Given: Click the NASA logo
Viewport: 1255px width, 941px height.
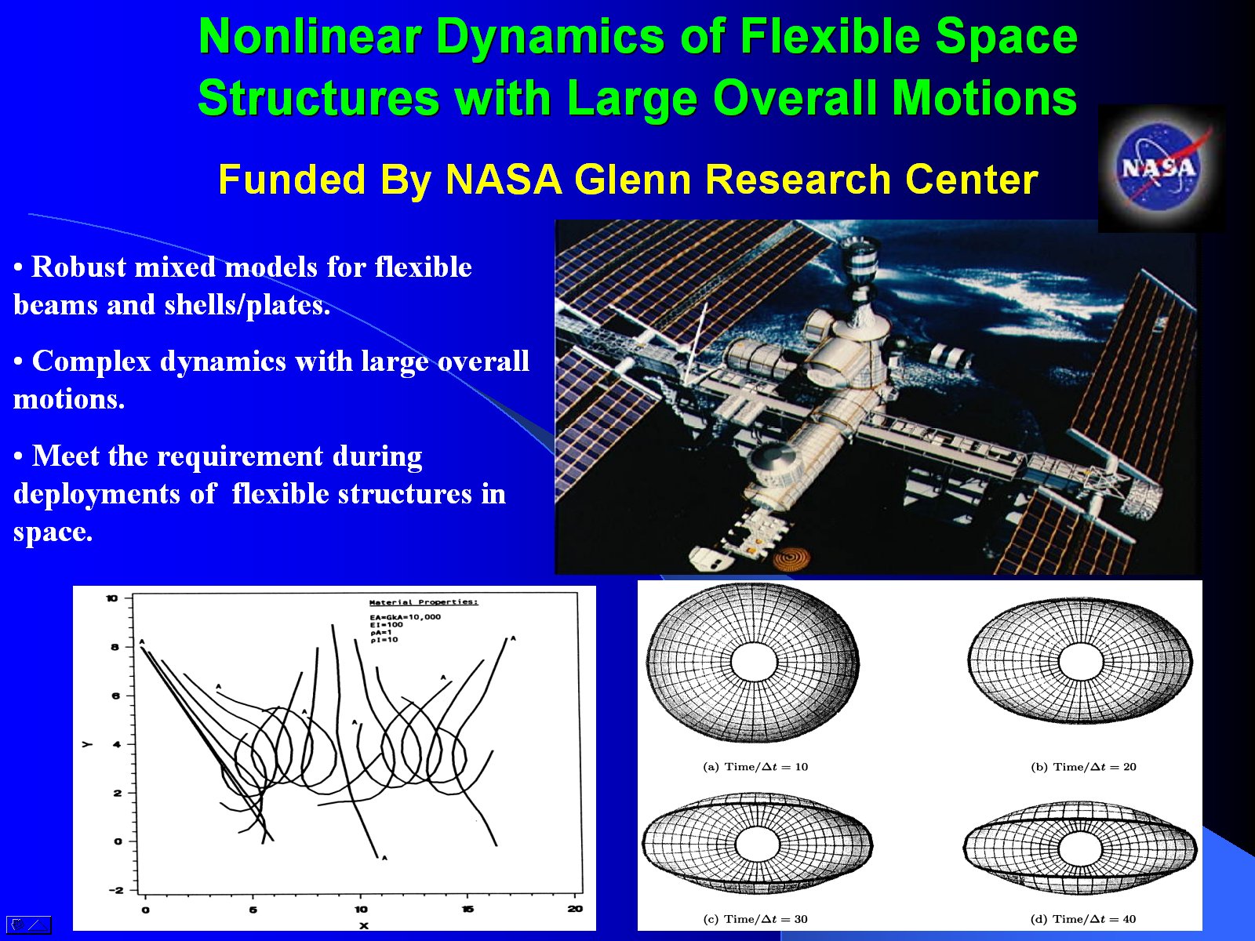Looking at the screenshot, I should [1160, 167].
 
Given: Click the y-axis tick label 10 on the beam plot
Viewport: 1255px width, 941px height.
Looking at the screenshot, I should [112, 598].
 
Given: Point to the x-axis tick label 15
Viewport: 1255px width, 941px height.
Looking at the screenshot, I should [467, 909].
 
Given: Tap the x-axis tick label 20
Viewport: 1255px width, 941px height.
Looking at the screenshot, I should [575, 909].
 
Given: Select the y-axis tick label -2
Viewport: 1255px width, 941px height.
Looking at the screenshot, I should [115, 890].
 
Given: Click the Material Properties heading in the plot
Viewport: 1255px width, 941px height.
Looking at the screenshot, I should [423, 602].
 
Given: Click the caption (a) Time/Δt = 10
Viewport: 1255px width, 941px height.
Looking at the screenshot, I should [755, 767].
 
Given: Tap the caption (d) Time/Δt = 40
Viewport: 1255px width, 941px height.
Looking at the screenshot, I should [1082, 919].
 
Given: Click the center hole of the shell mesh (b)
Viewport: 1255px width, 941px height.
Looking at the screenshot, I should [1080, 661].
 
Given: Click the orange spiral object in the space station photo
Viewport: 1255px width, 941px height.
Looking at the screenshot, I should [791, 558].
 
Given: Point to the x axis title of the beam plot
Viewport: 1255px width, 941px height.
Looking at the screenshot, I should [363, 926].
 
